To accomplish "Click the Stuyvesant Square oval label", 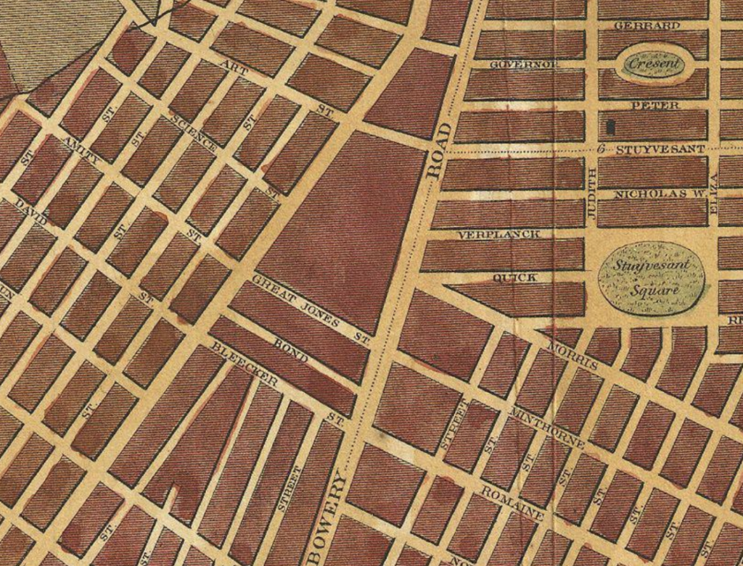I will coord(651,278).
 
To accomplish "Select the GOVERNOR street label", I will coord(525,64).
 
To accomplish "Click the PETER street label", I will coord(654,106).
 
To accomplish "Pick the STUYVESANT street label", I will coord(660,149).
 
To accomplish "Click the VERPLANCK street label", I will coord(499,235).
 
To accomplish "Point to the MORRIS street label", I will coord(573,354).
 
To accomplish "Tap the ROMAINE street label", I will coord(513,503).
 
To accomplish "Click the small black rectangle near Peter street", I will coord(610,126).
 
